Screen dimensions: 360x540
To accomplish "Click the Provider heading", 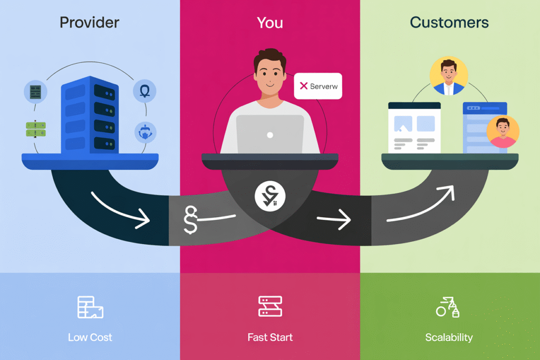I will point(90,23).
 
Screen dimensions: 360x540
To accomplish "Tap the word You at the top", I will point(269,23).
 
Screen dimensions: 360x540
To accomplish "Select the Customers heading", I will point(449,23).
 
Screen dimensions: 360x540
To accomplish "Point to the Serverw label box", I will point(318,86).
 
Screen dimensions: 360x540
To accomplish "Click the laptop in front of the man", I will point(270,134).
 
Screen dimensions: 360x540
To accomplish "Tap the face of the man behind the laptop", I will point(269,74).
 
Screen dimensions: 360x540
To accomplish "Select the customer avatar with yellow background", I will point(449,76).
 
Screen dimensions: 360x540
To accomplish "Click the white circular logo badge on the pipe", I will point(269,197).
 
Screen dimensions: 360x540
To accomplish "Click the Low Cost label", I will point(90,337).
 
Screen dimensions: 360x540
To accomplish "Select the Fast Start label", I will point(270,337).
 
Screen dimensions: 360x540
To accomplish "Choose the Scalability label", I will point(449,337).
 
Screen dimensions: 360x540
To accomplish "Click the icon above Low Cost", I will point(90,307).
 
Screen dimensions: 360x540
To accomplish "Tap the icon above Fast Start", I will point(270,306).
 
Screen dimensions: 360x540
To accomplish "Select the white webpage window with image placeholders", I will point(414,128).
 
